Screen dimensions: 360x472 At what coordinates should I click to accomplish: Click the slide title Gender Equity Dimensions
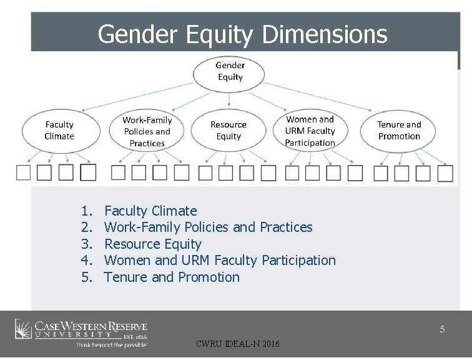coord(242,34)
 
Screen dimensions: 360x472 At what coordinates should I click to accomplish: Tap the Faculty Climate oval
coord(59,131)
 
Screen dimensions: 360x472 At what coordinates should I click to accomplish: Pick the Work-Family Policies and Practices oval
coord(147,131)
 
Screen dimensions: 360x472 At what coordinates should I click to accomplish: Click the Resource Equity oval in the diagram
coord(229,131)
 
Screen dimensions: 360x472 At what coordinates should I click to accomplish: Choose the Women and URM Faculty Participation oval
coord(310,131)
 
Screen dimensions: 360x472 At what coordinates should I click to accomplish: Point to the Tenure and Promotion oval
coord(399,131)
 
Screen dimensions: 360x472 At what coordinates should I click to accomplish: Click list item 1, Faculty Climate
coord(150,211)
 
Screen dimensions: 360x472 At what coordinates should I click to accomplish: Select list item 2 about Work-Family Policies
coord(208,227)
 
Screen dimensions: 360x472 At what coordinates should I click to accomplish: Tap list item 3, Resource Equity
coord(152,244)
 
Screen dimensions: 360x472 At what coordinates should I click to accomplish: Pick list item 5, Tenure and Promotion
coord(172,277)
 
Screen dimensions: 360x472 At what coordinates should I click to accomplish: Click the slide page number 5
coord(442,329)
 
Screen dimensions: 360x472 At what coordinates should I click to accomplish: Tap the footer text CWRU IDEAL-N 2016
coord(238,344)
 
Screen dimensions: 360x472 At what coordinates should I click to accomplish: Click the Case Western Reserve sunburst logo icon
coord(23,329)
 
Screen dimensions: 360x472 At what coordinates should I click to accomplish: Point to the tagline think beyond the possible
coord(112,344)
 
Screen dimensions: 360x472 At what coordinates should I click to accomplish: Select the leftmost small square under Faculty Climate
coord(24,172)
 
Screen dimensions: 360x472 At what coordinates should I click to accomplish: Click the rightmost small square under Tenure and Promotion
coord(445,173)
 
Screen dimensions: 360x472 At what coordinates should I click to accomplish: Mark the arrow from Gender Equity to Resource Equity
coord(229,99)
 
